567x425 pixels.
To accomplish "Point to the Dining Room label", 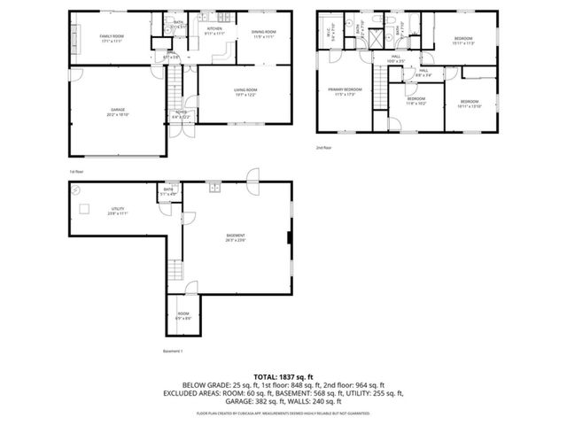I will [x=264, y=34].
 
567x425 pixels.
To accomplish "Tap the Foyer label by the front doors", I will [x=180, y=113].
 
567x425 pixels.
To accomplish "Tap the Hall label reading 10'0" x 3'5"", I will [x=396, y=59].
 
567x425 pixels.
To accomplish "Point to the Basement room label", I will [x=236, y=237].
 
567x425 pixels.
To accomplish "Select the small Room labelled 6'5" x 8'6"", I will [x=183, y=315].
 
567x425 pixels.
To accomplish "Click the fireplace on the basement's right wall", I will [x=289, y=237].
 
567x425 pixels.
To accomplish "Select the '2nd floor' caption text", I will [x=323, y=148].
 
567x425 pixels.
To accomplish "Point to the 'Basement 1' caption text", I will [x=173, y=352].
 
